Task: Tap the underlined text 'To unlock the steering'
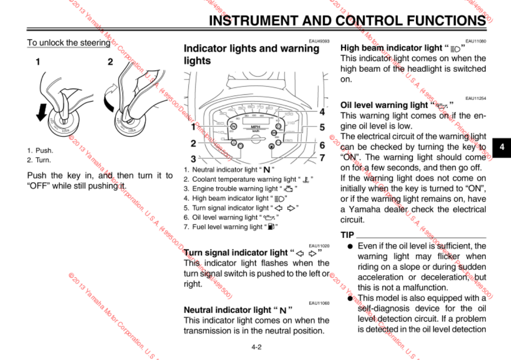tap(68, 42)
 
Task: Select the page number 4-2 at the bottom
tap(256, 347)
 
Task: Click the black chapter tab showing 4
tap(502, 147)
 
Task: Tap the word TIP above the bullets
tap(347, 235)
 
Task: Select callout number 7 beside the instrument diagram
tap(322, 158)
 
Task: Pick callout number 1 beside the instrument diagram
tap(193, 127)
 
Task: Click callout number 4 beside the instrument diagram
tap(322, 112)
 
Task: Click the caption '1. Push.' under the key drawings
tap(40, 151)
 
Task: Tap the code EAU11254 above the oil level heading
tap(475, 98)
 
